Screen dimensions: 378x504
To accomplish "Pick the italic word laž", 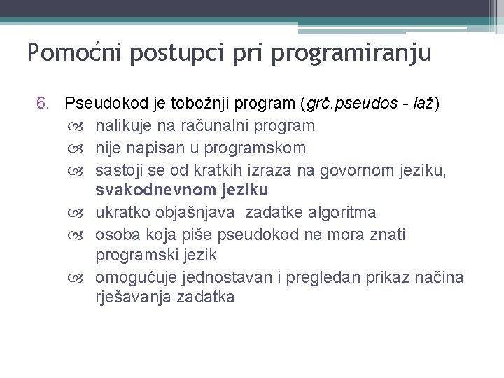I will coord(424,104).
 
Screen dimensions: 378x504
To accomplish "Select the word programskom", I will coord(263,148).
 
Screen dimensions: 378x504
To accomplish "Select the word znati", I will coord(388,234).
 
